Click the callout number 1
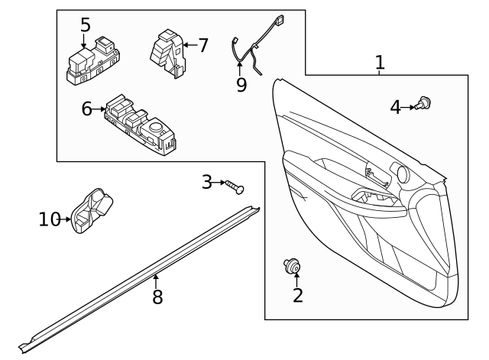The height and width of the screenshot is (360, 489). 379,63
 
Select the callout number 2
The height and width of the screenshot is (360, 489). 297,294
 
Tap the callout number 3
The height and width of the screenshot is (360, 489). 207,182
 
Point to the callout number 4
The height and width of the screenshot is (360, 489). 395,107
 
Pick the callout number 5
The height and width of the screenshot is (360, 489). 85,25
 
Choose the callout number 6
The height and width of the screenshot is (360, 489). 87,110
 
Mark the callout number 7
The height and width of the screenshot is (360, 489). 202,45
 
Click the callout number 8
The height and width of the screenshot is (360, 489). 157,297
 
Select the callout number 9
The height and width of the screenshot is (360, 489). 241,85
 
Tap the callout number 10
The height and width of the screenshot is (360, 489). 50,219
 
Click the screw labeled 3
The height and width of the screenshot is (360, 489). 235,186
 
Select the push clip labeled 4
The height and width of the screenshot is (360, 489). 425,104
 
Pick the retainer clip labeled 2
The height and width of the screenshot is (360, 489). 291,265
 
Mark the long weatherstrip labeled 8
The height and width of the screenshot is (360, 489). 145,275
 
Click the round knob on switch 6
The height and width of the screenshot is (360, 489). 158,128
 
